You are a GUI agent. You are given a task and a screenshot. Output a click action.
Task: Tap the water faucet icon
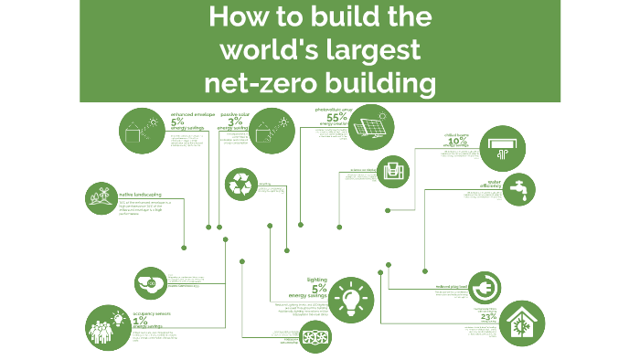coord(518,191)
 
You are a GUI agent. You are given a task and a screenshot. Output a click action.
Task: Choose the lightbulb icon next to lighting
coord(351,298)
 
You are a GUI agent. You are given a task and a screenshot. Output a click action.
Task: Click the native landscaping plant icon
coord(101,197)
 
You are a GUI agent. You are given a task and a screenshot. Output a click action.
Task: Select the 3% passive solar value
coord(235,122)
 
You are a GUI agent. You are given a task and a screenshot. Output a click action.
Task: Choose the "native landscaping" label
coord(137,194)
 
